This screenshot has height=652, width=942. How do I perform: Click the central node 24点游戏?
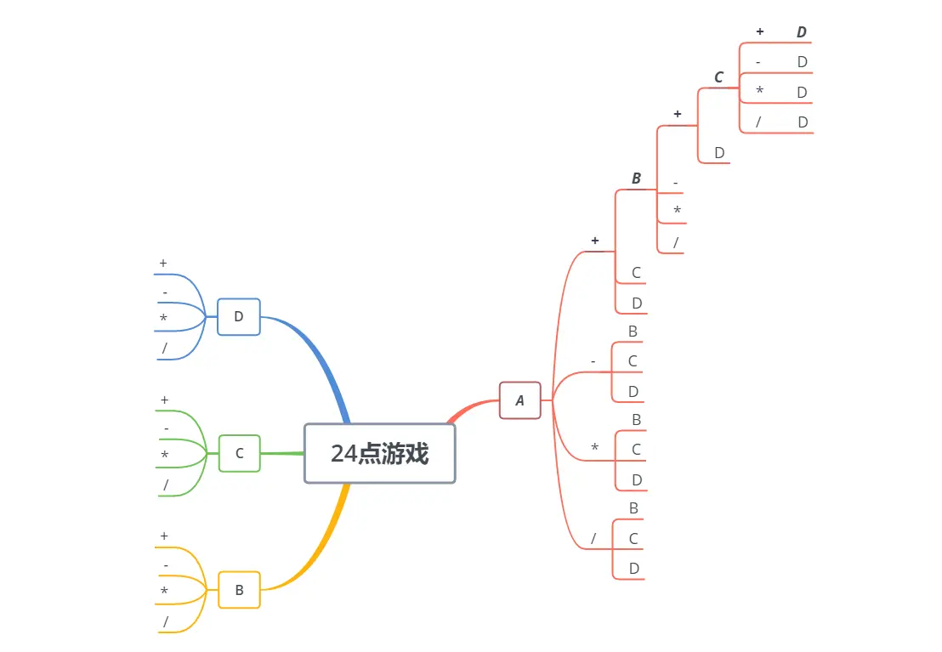(379, 453)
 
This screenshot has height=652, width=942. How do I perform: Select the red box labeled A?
(519, 400)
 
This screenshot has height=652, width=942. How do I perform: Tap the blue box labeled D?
(239, 316)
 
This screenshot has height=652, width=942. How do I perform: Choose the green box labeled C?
(239, 453)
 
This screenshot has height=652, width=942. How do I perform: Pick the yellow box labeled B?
(239, 590)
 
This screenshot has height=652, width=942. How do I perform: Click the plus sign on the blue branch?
(163, 264)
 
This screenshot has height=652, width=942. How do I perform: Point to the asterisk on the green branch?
(164, 456)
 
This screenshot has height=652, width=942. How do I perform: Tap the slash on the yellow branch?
(166, 622)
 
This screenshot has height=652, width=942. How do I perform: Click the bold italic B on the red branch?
(636, 179)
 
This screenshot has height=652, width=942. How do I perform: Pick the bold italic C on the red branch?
(718, 77)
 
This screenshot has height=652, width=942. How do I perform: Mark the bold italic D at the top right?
(801, 32)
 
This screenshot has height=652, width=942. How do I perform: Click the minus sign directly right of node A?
(593, 361)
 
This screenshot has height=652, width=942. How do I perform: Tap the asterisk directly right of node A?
(594, 448)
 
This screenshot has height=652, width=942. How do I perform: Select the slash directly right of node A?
(593, 538)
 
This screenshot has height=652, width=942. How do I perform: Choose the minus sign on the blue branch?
(165, 293)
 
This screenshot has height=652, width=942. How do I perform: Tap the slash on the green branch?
(166, 485)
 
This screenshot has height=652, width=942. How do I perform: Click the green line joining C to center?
(282, 453)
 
